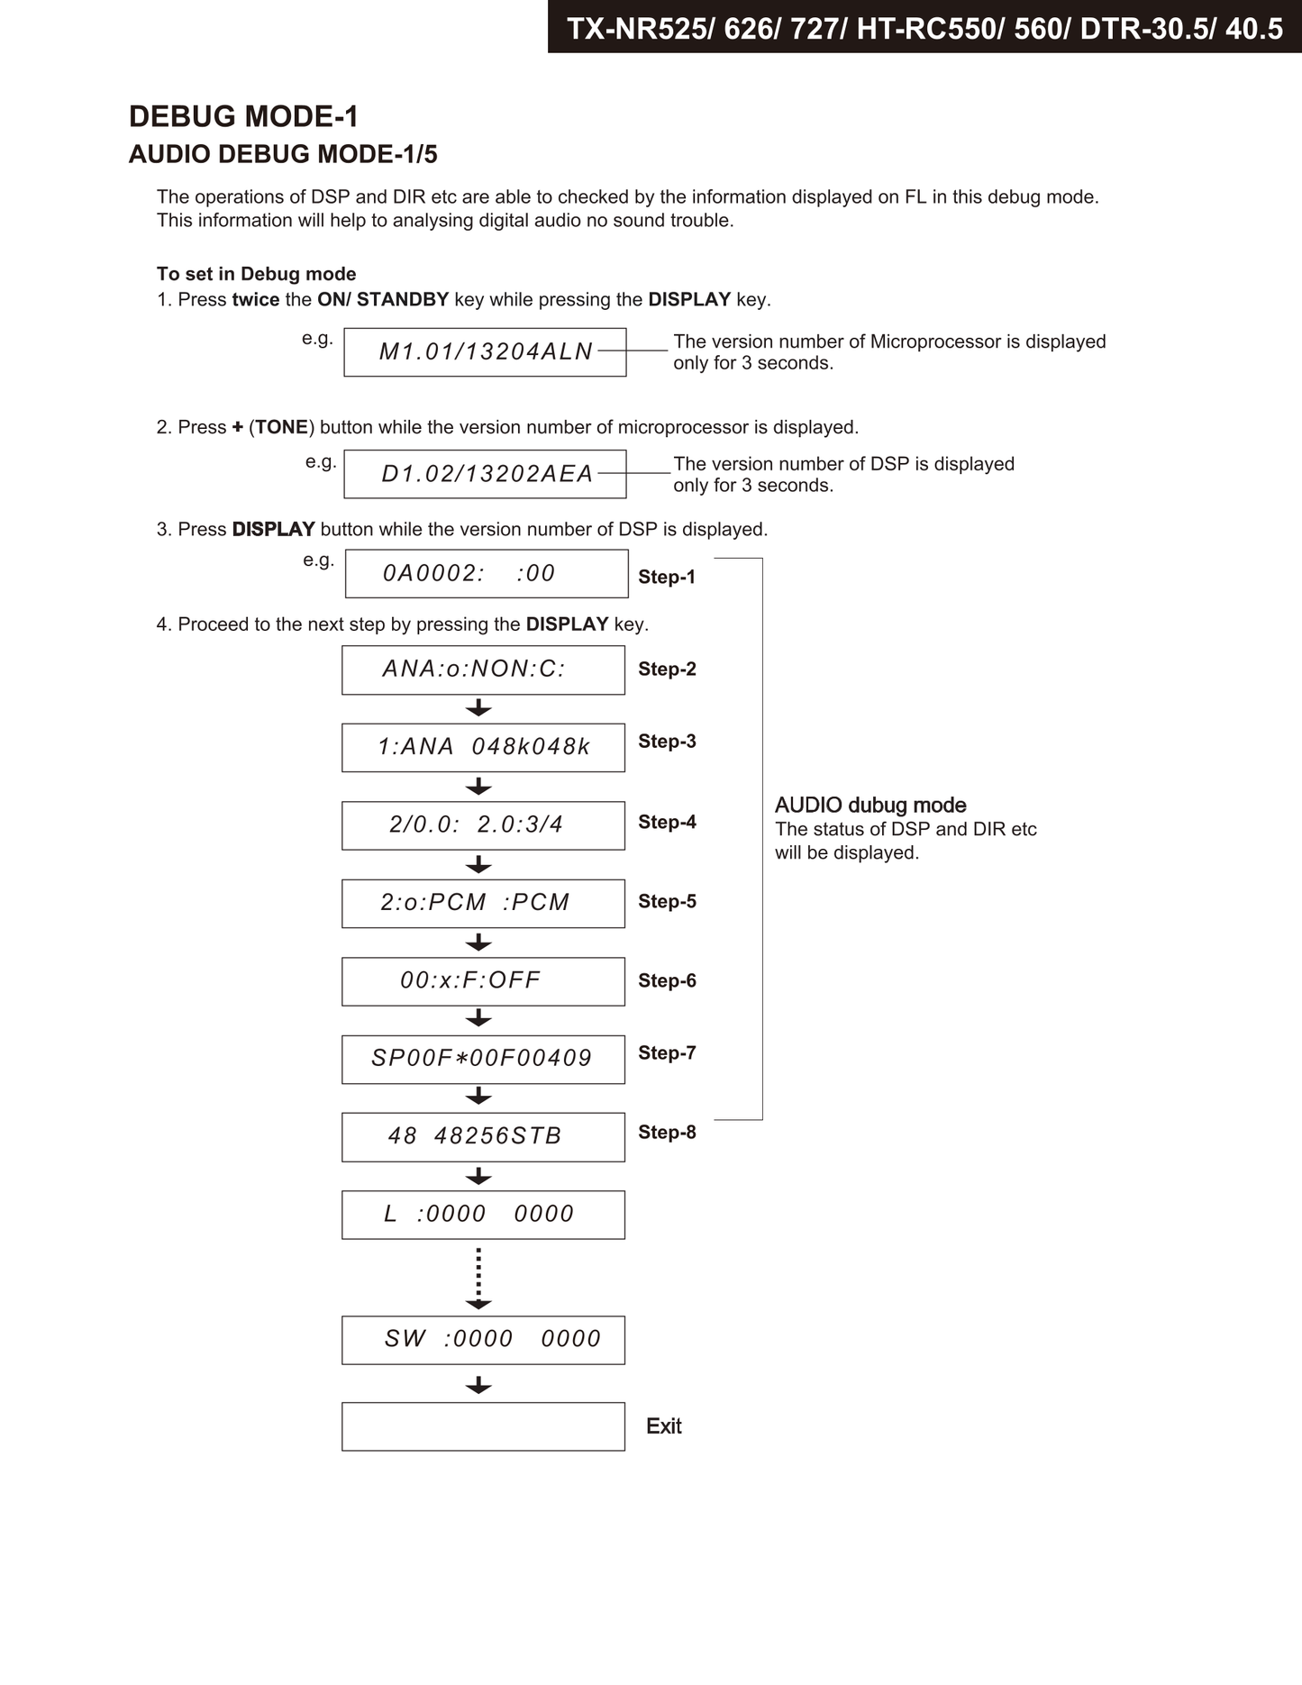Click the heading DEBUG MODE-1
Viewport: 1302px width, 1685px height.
point(243,116)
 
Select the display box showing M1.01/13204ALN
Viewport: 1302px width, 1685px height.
point(485,352)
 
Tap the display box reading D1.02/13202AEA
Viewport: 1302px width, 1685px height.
point(485,474)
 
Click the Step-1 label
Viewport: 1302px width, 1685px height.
point(667,577)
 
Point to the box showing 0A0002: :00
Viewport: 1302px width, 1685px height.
point(487,574)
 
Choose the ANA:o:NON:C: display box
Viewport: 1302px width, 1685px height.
point(483,669)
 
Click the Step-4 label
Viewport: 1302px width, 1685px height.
point(667,822)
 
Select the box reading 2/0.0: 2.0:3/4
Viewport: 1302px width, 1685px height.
point(483,825)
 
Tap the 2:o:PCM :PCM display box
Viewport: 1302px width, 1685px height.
point(483,903)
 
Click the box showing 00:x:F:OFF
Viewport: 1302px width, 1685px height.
point(483,981)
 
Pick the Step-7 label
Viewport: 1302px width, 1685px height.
point(667,1052)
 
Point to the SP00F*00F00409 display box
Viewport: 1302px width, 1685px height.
point(483,1059)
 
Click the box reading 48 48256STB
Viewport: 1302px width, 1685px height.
point(483,1136)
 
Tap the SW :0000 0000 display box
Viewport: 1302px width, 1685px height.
point(483,1340)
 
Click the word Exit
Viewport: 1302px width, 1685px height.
point(663,1426)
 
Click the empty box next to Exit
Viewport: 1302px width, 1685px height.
point(483,1426)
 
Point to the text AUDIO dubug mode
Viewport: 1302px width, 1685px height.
point(870,806)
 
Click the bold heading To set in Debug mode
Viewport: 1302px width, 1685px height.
point(256,274)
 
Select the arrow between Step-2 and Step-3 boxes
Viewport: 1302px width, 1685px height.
point(478,708)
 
